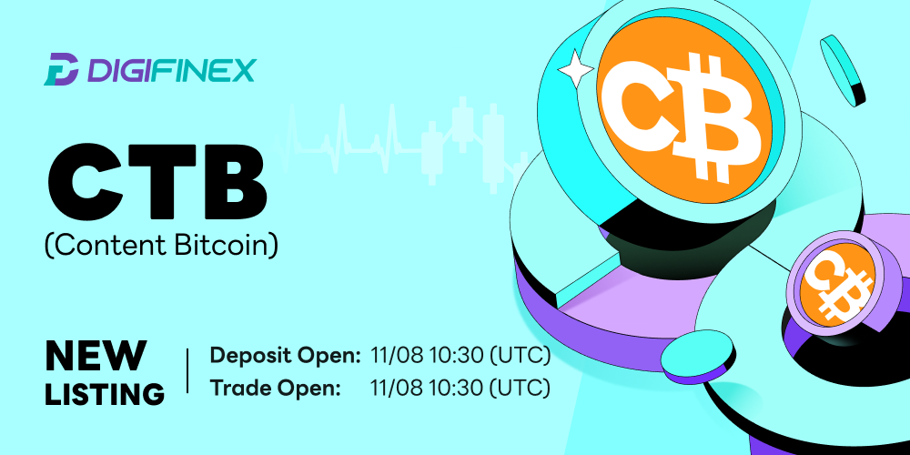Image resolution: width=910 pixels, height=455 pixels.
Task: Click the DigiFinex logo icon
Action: pos(61,69)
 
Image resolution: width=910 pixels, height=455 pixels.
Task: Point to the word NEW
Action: pos(96,356)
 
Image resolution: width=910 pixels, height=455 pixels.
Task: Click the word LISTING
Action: pos(105,393)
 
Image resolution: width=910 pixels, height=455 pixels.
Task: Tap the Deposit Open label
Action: pos(285,356)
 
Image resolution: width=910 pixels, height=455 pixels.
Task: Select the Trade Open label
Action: pos(275,388)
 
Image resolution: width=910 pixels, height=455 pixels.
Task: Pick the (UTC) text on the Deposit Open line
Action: pos(520,355)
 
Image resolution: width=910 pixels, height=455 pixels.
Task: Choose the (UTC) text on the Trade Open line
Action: pos(520,387)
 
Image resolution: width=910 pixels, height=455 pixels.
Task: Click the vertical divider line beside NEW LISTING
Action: pos(187,370)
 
